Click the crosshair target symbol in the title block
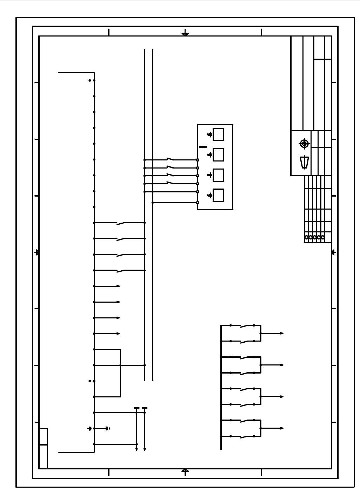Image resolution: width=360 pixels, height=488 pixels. click(304, 144)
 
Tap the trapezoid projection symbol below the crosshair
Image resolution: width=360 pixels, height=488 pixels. click(304, 163)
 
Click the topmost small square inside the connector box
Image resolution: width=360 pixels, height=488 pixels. click(218, 134)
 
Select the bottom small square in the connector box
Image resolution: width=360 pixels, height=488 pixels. click(218, 195)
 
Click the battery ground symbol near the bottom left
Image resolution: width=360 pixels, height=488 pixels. click(107, 428)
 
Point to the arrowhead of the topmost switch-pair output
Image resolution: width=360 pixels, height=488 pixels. click(282, 333)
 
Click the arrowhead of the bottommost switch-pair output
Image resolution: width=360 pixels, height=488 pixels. click(282, 428)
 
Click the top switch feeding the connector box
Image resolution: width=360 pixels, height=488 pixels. click(170, 159)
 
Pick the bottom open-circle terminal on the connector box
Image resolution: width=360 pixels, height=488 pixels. click(198, 203)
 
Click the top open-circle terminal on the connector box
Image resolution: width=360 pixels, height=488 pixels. click(198, 160)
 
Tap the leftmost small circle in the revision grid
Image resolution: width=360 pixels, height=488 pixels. click(306, 237)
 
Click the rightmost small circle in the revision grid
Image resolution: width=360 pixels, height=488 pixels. click(323, 237)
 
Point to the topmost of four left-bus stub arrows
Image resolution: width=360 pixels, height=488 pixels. click(118, 286)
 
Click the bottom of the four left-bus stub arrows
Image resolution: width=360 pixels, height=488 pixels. click(118, 334)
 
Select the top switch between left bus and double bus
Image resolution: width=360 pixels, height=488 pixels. click(120, 223)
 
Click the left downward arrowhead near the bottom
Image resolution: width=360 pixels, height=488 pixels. click(136, 449)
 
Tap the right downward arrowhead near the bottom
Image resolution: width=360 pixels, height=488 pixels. click(145, 449)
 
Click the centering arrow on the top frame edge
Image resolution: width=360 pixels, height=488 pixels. click(185, 34)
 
